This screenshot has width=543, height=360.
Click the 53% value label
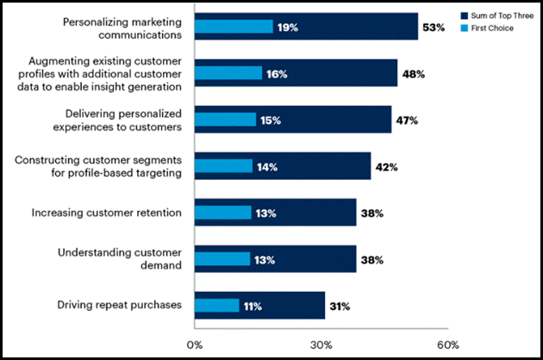[x=433, y=28]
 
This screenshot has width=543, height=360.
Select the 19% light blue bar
[x=234, y=28]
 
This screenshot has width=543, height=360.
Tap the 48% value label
[x=411, y=74]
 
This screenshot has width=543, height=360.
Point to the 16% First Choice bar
[x=228, y=74]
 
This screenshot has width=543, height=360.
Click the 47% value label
[x=406, y=121]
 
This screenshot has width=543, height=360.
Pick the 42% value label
[x=385, y=167]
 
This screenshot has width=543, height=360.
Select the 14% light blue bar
[x=223, y=167]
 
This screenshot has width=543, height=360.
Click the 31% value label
[x=339, y=306]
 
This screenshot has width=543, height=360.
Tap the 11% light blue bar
[x=216, y=306]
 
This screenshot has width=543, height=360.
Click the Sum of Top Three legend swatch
[x=465, y=16]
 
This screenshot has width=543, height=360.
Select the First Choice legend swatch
[x=465, y=28]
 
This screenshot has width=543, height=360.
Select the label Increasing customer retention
[x=106, y=213]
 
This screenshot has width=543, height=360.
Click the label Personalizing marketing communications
[x=122, y=28]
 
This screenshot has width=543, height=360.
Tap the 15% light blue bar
[x=225, y=121]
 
